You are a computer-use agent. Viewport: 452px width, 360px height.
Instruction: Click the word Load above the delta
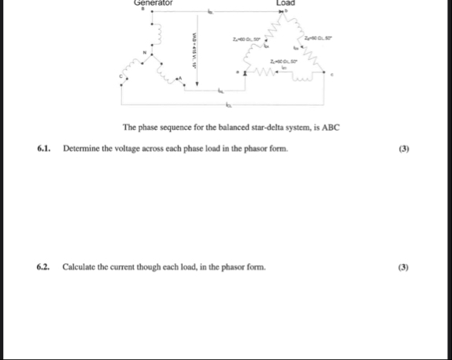click(x=286, y=3)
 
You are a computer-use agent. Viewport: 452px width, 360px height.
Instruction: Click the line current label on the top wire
click(x=212, y=13)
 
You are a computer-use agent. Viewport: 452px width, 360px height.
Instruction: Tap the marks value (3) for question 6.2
click(x=403, y=267)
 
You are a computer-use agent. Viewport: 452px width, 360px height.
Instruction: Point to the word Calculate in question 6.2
click(x=80, y=267)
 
